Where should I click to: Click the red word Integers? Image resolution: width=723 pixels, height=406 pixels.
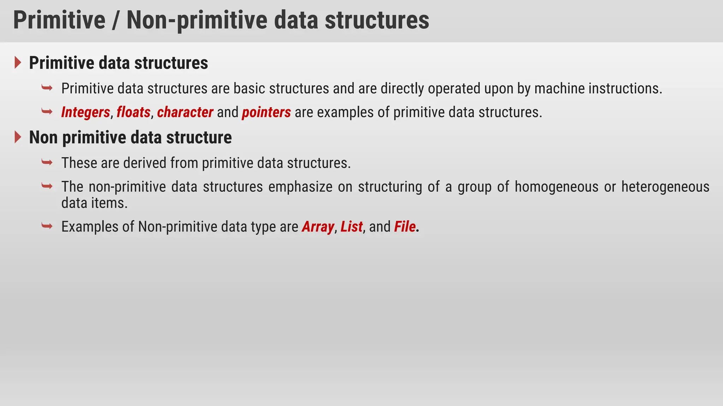pos(85,112)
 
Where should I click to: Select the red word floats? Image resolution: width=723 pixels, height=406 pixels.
pos(133,112)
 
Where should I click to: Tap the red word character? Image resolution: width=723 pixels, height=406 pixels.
pos(185,112)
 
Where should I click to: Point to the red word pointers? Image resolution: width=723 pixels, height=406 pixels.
pos(266,112)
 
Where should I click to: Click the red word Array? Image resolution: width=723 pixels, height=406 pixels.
pos(318,227)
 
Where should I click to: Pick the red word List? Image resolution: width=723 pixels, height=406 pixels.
pos(351,227)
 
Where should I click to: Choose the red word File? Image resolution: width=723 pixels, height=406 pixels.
pos(405,227)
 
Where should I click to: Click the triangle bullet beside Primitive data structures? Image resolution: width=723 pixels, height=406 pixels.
pos(18,63)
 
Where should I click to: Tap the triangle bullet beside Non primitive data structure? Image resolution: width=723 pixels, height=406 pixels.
pos(18,137)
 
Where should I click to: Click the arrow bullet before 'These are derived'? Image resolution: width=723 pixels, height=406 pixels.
pos(47,162)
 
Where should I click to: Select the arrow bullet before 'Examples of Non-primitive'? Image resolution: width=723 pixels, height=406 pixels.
pos(47,226)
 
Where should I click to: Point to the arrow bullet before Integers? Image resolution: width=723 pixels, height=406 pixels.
pos(47,111)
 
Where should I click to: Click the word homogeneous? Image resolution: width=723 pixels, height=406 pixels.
pos(556,187)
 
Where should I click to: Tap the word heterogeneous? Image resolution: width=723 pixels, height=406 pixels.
pos(665,187)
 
